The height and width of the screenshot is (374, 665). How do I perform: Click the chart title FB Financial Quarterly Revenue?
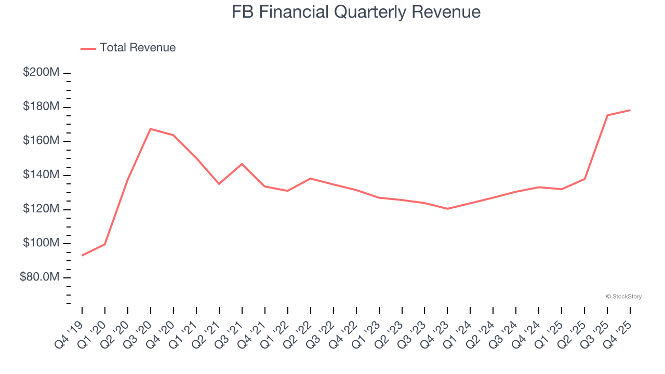pos(356,12)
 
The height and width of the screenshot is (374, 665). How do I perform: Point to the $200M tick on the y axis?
pos(41,72)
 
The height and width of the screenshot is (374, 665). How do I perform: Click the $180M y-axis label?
pos(41,106)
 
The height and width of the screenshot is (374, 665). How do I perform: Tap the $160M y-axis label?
pos(41,141)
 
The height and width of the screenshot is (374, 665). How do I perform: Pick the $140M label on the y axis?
pos(41,175)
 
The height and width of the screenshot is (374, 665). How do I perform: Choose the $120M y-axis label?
pos(41,209)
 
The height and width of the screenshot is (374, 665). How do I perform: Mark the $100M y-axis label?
pos(41,243)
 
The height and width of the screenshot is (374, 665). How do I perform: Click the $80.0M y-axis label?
pos(39,277)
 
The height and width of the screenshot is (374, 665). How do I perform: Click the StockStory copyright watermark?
pos(623,297)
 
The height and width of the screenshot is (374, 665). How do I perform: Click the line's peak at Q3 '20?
pos(151,129)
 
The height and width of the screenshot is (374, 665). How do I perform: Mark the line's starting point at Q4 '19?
pos(82,255)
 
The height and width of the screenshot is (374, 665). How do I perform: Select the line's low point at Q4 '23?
pos(447,209)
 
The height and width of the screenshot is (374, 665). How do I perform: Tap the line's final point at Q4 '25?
pos(630,110)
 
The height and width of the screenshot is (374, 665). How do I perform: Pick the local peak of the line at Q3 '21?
pos(242,164)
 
